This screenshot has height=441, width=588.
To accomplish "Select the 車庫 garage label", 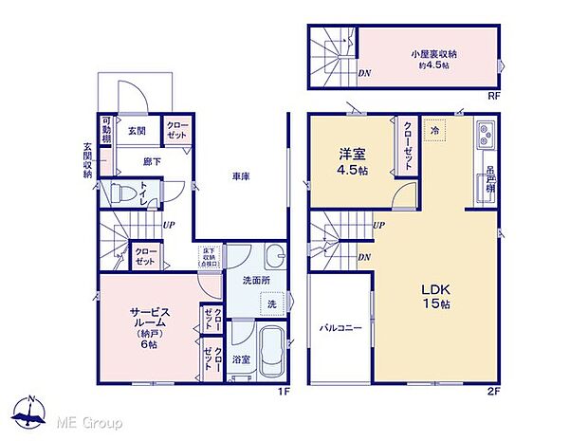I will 239,177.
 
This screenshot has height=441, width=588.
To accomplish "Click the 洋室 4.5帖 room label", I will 351,160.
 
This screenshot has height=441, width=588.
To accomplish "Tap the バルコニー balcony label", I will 340,327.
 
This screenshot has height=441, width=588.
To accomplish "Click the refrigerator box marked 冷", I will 435,130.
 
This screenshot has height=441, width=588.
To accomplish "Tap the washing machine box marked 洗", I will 271,303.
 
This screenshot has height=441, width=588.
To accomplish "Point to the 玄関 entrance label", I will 137,131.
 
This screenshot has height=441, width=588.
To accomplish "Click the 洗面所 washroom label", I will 250,281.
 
